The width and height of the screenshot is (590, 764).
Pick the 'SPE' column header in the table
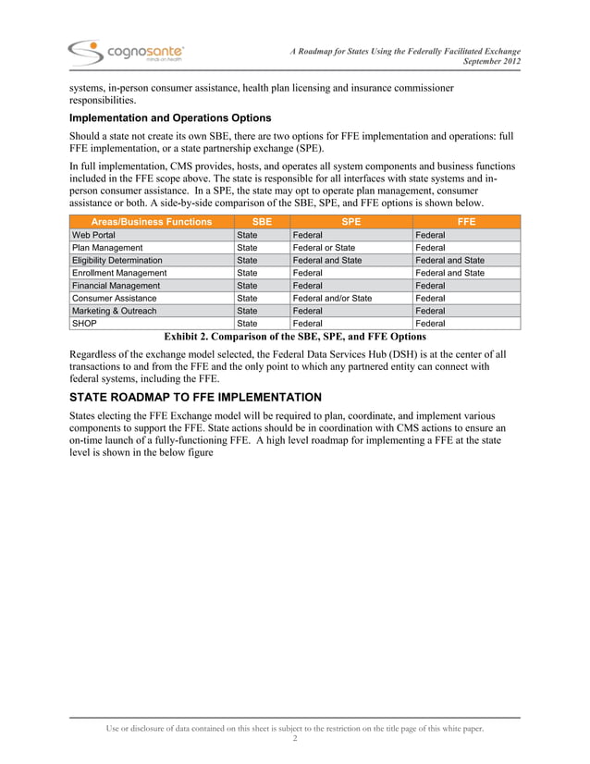(x=351, y=222)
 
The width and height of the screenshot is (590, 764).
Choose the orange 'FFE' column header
(x=466, y=222)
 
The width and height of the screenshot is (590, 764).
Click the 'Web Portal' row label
(x=93, y=236)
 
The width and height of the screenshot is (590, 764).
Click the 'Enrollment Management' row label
(x=119, y=274)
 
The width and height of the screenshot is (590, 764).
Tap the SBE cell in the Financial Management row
(x=247, y=287)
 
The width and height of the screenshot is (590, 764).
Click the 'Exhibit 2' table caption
(x=294, y=337)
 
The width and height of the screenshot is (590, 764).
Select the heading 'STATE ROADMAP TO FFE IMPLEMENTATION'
(x=196, y=398)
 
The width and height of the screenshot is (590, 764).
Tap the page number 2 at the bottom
(x=294, y=741)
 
